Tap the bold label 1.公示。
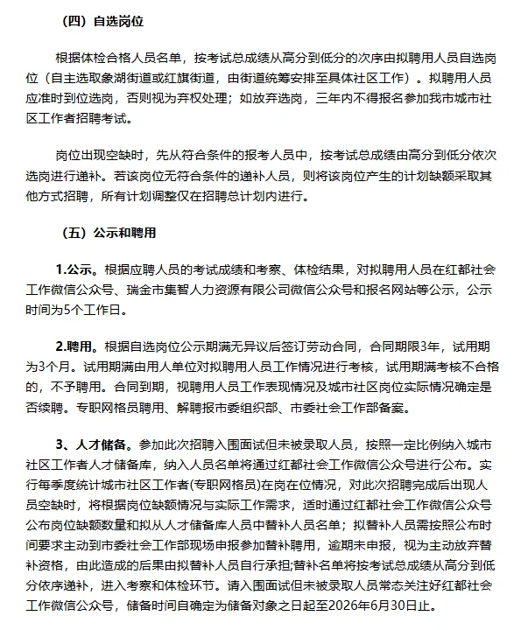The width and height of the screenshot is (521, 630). coord(80,267)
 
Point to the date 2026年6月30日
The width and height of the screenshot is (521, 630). coord(382,606)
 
